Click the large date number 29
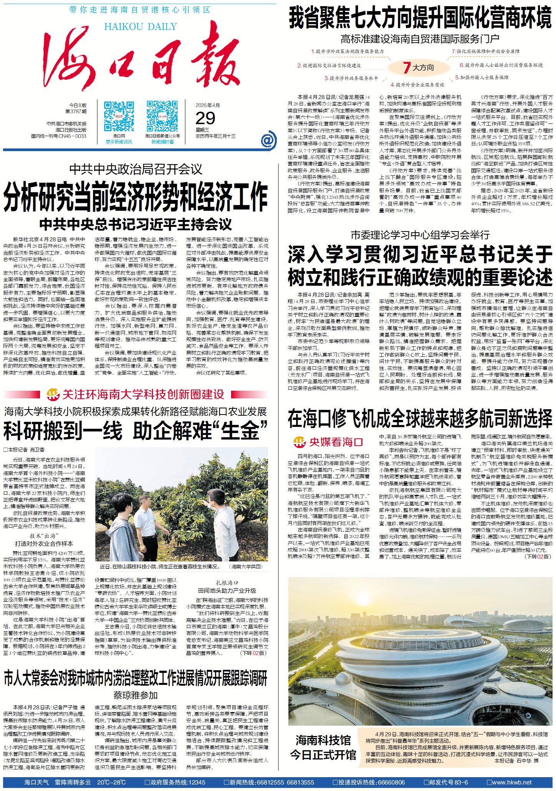(206, 118)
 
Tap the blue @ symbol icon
(268, 140)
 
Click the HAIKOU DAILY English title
(140, 27)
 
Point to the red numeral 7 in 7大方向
(407, 68)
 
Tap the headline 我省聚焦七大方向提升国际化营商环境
(420, 18)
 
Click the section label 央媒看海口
(336, 442)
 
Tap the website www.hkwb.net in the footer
(512, 782)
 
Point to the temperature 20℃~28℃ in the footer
(112, 782)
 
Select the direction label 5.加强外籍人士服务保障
(481, 77)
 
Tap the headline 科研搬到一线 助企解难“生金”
(135, 431)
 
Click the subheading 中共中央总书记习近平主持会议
(136, 224)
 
